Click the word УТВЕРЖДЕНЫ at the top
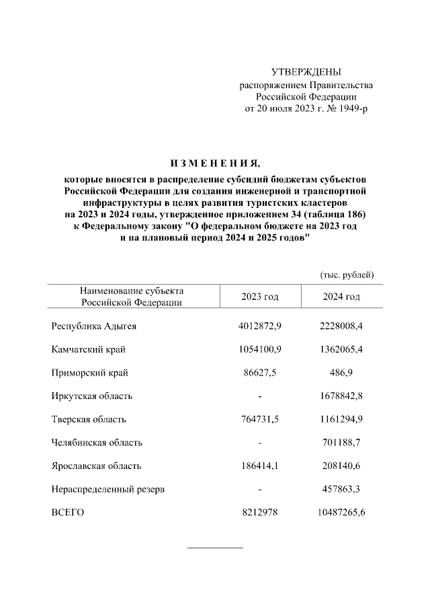tap(306, 71)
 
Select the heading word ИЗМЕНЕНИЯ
tap(214, 164)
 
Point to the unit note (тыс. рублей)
tap(347, 275)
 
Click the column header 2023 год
tap(259, 297)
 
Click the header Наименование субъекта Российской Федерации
tap(132, 297)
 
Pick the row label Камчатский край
tap(88, 349)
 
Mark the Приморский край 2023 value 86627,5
tap(259, 372)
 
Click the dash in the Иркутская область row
tap(259, 396)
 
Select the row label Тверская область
tap(88, 419)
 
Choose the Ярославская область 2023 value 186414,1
tap(259, 466)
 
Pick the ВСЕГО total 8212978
tap(259, 513)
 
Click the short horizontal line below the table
tap(214, 548)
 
